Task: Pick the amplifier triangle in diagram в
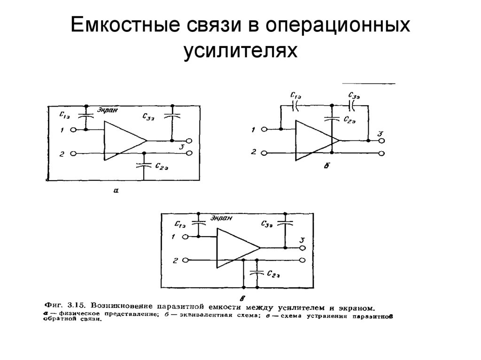235,247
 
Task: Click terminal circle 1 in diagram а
73,130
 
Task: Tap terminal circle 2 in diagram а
73,153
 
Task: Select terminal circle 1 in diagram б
265,130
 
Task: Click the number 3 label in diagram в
302,241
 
